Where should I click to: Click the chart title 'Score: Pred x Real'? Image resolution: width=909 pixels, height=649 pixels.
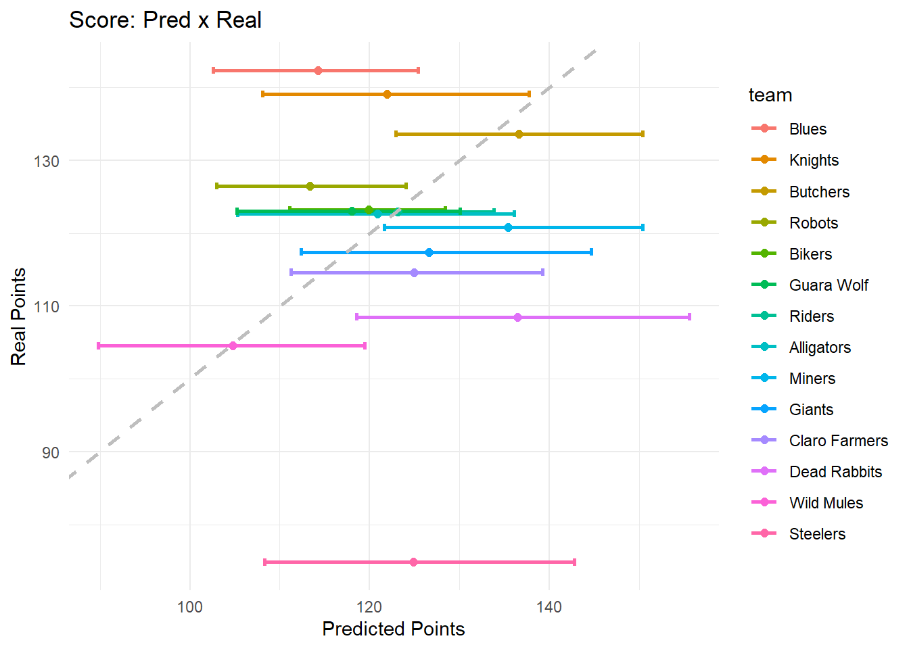tap(165, 20)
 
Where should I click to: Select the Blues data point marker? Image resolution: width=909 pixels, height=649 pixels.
tap(318, 70)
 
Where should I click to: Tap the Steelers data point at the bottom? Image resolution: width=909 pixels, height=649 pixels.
tap(413, 562)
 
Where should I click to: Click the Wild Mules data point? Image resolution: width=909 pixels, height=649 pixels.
tap(233, 345)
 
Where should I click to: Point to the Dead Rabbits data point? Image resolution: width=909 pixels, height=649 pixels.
tap(517, 317)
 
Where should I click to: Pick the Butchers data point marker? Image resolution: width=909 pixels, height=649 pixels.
tap(519, 134)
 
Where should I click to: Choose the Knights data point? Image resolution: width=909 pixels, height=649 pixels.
tap(387, 94)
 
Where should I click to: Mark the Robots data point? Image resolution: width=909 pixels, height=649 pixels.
tap(310, 186)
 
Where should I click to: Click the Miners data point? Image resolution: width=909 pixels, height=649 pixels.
tap(508, 227)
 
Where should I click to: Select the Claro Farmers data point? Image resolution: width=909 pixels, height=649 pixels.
tap(414, 272)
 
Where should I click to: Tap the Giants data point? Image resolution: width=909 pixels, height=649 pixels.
tap(429, 252)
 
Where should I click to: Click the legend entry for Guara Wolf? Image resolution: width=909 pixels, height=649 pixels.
tap(829, 285)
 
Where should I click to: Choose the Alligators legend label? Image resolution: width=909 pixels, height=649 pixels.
tap(820, 347)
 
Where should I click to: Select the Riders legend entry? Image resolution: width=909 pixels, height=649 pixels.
tap(812, 316)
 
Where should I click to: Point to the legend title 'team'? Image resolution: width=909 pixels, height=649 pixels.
tap(770, 95)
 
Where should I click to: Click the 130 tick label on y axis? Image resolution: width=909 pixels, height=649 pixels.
tap(47, 161)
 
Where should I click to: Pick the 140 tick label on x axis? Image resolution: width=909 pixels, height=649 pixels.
tap(549, 607)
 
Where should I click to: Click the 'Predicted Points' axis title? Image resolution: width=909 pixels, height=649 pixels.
tap(393, 629)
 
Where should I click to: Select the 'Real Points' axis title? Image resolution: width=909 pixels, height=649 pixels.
tap(18, 316)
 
